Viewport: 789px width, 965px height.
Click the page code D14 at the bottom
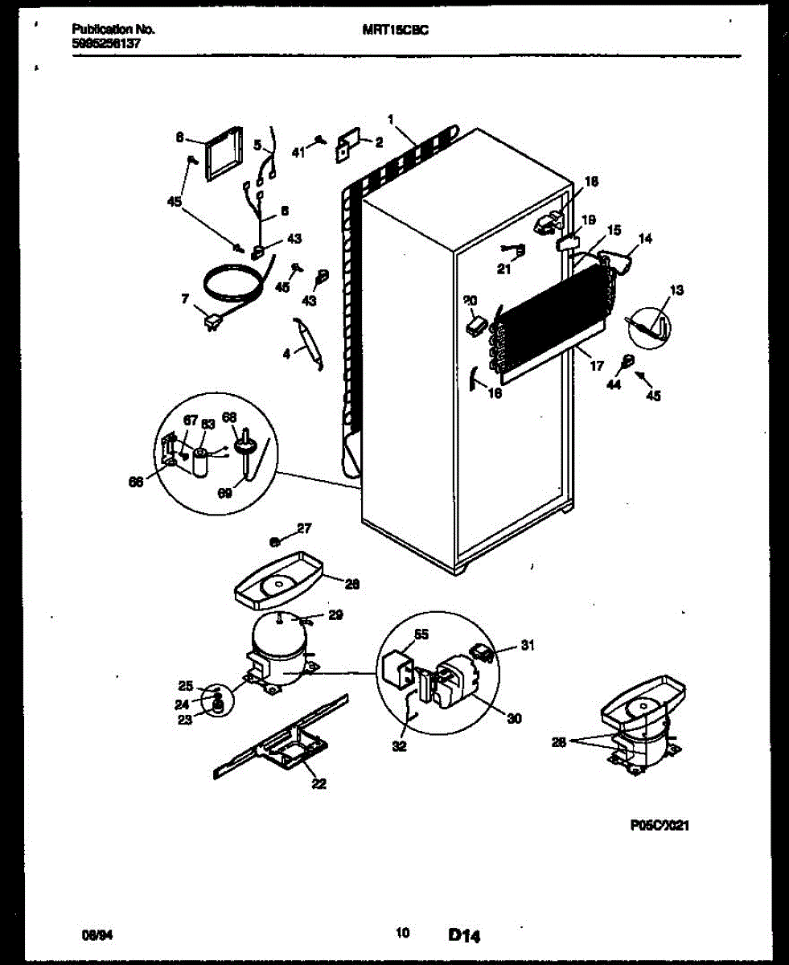click(465, 934)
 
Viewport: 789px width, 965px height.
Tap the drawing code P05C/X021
click(660, 825)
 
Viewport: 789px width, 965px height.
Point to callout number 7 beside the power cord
click(185, 298)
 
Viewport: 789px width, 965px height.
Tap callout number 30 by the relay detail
click(514, 718)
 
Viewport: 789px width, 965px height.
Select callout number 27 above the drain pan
click(303, 528)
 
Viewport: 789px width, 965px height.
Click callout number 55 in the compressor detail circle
click(421, 634)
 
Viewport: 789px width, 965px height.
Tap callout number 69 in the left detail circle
click(224, 492)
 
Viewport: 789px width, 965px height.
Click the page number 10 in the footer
click(403, 934)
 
